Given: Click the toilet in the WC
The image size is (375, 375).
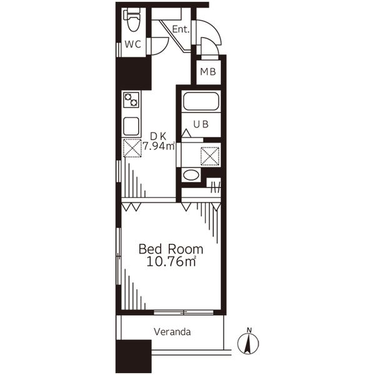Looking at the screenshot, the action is point(132,20).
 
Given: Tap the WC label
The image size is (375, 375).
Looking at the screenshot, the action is point(132,44).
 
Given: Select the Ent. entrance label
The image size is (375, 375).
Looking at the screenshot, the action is point(181,29).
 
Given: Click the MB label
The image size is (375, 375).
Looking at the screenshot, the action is point(208,71).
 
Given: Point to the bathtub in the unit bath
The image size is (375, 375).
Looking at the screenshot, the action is point(201,101).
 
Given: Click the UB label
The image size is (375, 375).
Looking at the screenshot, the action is point(201,124).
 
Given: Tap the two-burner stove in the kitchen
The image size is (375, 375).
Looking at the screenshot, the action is point(131,100).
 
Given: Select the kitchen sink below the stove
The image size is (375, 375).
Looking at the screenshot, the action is point(131,126).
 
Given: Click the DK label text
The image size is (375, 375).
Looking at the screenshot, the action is point(158,136).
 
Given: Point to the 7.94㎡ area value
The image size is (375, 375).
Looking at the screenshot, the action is point(159,146).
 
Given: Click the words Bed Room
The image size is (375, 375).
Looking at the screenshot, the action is point(171,249).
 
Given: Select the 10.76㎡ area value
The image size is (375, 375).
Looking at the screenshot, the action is point(171,261).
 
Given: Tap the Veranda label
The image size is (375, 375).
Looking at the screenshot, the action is point(172,332).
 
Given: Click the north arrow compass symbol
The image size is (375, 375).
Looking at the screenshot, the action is point(248,343).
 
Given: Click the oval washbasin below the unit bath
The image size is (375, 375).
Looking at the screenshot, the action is point(191,175).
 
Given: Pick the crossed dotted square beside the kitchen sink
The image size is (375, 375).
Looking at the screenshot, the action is point(132,148).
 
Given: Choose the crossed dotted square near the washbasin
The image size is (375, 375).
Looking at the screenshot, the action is point(210,156).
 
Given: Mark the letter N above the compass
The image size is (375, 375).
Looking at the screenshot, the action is point(249,330).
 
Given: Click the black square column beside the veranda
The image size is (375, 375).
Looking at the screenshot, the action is point(134,356).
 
